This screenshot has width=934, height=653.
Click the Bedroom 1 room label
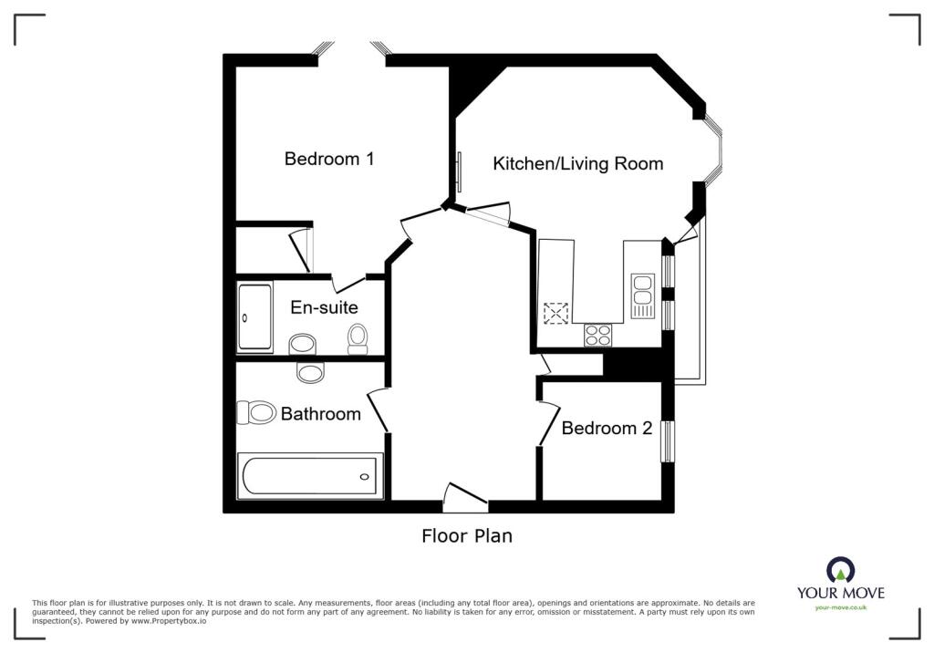point(329,159)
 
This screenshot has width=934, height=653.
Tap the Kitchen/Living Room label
point(577,164)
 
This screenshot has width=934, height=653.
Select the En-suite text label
point(324,307)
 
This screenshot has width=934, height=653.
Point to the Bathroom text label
point(320,414)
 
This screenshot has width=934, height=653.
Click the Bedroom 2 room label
point(607,428)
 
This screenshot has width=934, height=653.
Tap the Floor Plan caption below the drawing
point(466,536)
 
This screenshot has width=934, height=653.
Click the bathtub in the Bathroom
point(311,476)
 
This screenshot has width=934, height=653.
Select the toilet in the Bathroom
point(256,413)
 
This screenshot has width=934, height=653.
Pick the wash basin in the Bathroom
point(311,372)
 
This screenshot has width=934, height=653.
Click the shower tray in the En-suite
point(254,318)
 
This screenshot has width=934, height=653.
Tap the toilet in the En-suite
point(358,338)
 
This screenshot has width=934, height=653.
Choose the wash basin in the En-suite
point(302,345)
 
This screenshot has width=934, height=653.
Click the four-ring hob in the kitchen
point(598,335)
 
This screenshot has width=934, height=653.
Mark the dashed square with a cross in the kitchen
point(555,314)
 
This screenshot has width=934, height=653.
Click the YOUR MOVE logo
point(840,580)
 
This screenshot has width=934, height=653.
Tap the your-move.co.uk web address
point(840,607)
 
